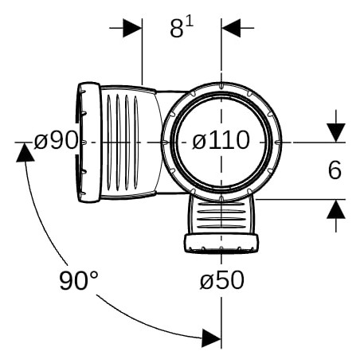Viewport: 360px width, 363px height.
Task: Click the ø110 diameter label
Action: (221, 140)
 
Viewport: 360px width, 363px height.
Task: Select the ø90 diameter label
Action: (57, 140)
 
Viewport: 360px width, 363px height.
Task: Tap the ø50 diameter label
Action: (222, 280)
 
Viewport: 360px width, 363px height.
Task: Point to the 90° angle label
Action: (79, 280)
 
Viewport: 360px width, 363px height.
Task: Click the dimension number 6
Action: (335, 170)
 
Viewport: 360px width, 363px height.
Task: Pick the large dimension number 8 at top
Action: (177, 28)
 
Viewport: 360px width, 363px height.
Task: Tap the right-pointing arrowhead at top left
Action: (132, 28)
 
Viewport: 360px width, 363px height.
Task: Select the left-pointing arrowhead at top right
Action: (231, 28)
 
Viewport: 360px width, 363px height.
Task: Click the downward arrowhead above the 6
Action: (336, 133)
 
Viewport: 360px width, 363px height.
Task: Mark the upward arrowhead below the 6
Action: (336, 209)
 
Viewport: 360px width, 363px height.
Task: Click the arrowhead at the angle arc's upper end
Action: (25, 152)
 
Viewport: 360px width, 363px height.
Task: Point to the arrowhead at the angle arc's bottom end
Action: (211, 338)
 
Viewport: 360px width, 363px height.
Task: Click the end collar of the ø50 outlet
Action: (221, 244)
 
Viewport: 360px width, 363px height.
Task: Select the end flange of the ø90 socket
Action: (89, 142)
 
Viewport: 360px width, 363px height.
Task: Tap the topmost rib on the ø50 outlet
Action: (221, 204)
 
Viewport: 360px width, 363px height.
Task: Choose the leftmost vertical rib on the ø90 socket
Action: (109, 142)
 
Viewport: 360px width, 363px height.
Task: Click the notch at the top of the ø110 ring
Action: (221, 86)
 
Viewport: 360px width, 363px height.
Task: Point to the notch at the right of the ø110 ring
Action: (277, 142)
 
